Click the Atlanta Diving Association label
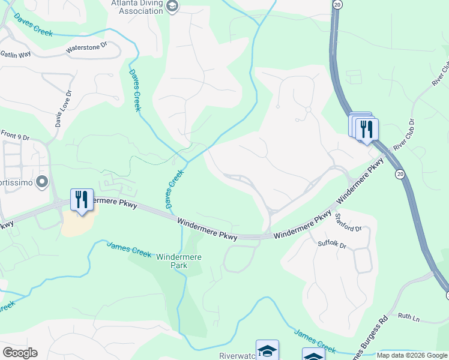137,7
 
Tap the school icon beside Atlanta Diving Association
172,7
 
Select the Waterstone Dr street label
86,46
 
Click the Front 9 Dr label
15,136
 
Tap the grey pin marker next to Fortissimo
42,181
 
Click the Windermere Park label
178,261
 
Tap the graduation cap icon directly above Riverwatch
267,350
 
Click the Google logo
20,353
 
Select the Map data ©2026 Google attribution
412,355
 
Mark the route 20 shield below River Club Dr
399,173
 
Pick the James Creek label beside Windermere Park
129,249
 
